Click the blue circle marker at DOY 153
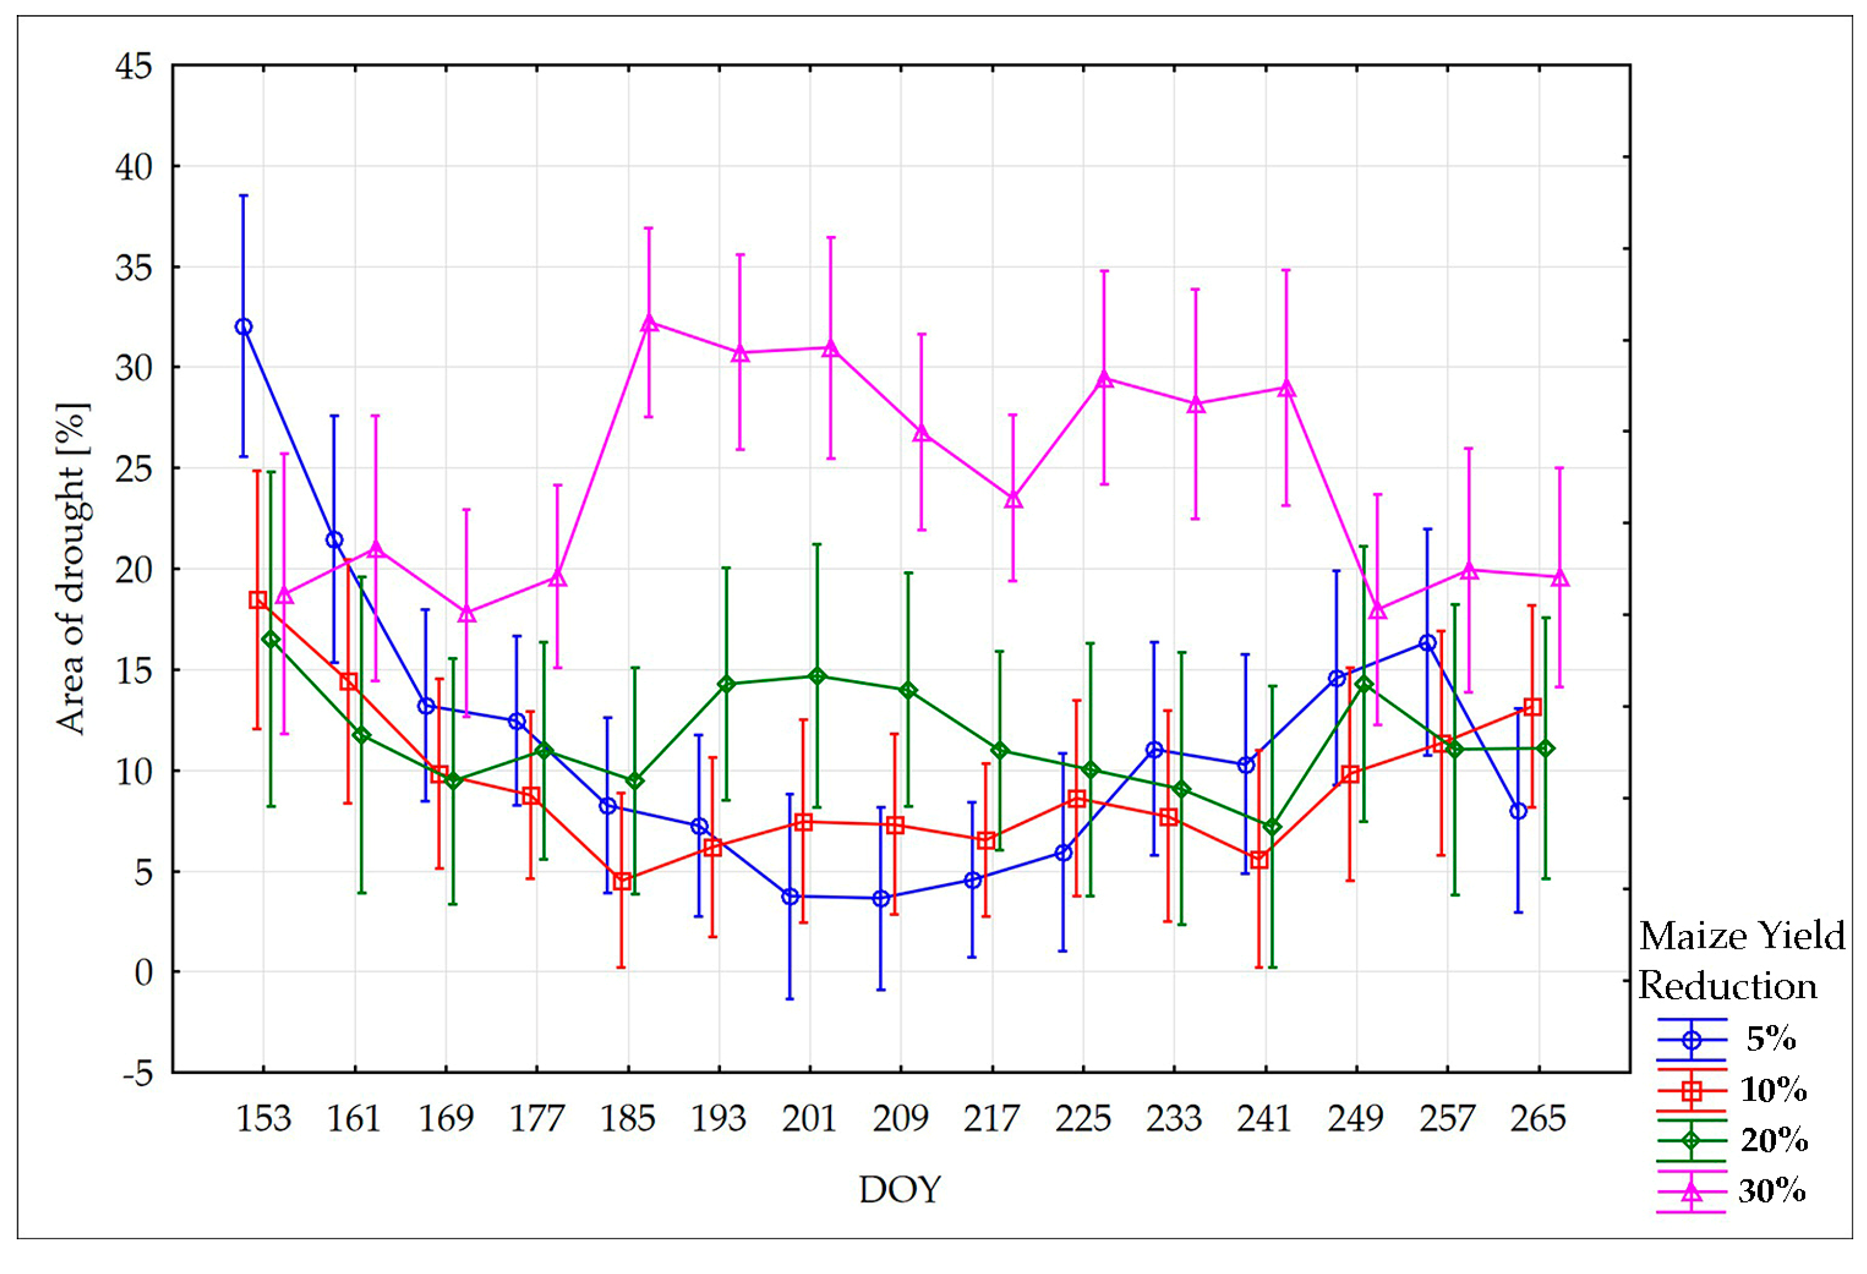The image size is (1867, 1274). pyautogui.click(x=244, y=326)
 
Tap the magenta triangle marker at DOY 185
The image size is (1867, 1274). pyautogui.click(x=649, y=323)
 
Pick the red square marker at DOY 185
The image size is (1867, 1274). pyautogui.click(x=621, y=881)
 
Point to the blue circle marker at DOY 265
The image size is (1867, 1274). pyautogui.click(x=1517, y=811)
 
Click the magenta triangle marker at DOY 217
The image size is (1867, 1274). pyautogui.click(x=1013, y=499)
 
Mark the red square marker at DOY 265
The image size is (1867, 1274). pyautogui.click(x=1532, y=707)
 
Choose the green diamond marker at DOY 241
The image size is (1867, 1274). pyautogui.click(x=1272, y=827)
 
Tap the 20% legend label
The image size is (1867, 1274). pyautogui.click(x=1774, y=1140)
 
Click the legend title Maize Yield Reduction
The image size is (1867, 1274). pyautogui.click(x=1741, y=961)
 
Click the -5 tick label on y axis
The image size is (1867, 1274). pyautogui.click(x=137, y=1073)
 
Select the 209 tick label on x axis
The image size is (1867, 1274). pyautogui.click(x=900, y=1119)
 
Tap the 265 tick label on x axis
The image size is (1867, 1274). pyautogui.click(x=1538, y=1119)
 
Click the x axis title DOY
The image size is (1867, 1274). pyautogui.click(x=900, y=1190)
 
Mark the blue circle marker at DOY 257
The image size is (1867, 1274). pyautogui.click(x=1427, y=642)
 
